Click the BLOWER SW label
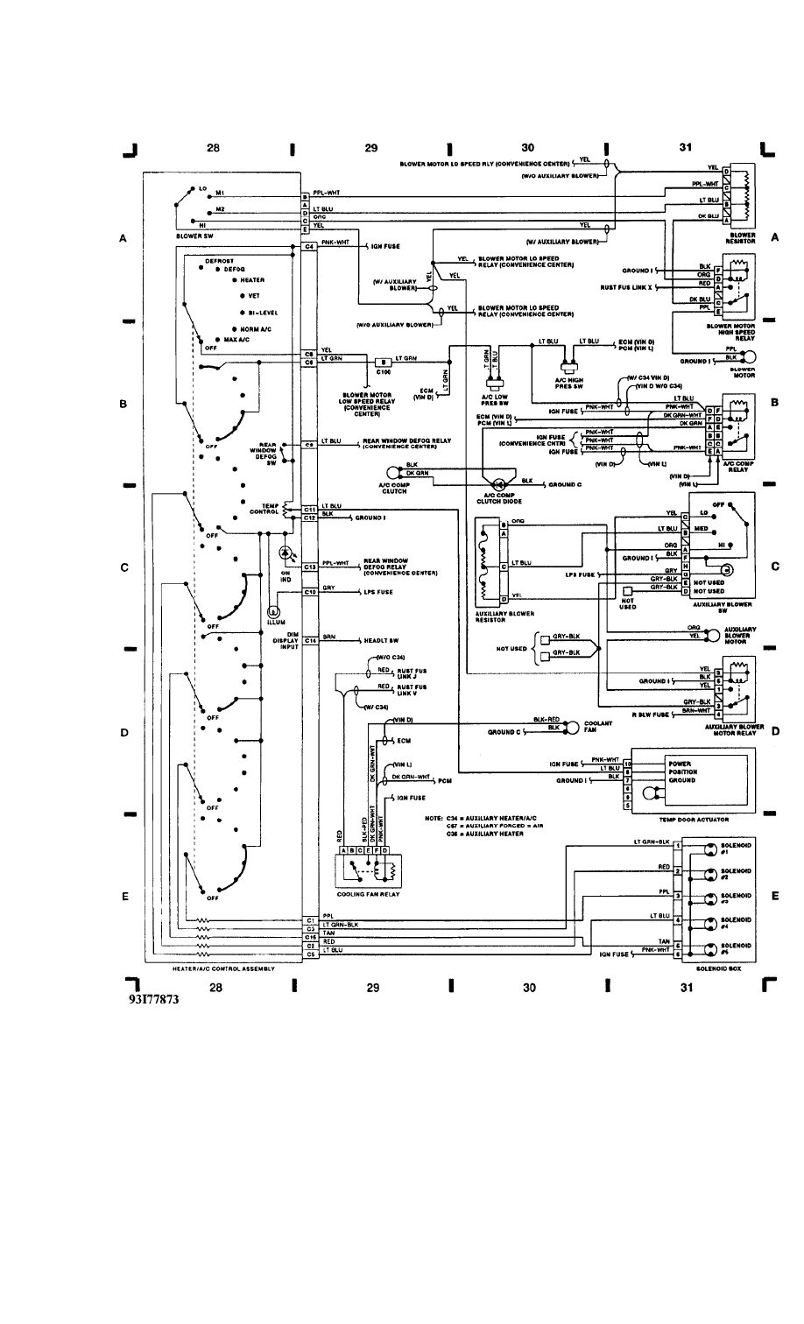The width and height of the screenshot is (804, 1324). (195, 236)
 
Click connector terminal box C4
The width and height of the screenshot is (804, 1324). (309, 247)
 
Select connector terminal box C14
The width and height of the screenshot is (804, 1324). (309, 640)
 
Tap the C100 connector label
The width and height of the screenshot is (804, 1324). (383, 371)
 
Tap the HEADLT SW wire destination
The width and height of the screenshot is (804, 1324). (382, 640)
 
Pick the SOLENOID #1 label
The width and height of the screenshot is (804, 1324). (730, 849)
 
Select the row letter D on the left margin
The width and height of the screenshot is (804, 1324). (125, 733)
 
